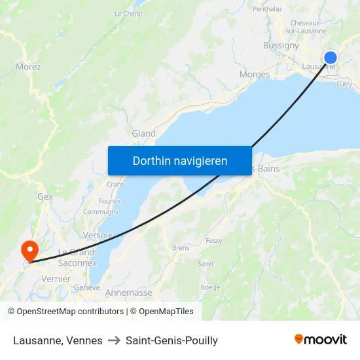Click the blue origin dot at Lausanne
(331, 58)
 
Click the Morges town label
(255, 75)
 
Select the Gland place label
(143, 134)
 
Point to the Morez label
(28, 67)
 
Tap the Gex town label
(45, 196)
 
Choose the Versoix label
(98, 235)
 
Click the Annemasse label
(128, 293)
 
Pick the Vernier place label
(56, 278)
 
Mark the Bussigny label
(281, 46)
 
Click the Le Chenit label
(128, 13)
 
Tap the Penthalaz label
(267, 9)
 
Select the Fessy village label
(214, 241)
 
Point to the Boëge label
(210, 287)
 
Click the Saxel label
(206, 264)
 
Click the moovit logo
(320, 340)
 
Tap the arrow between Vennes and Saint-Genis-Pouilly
(115, 340)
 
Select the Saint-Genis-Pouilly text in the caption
(171, 340)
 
